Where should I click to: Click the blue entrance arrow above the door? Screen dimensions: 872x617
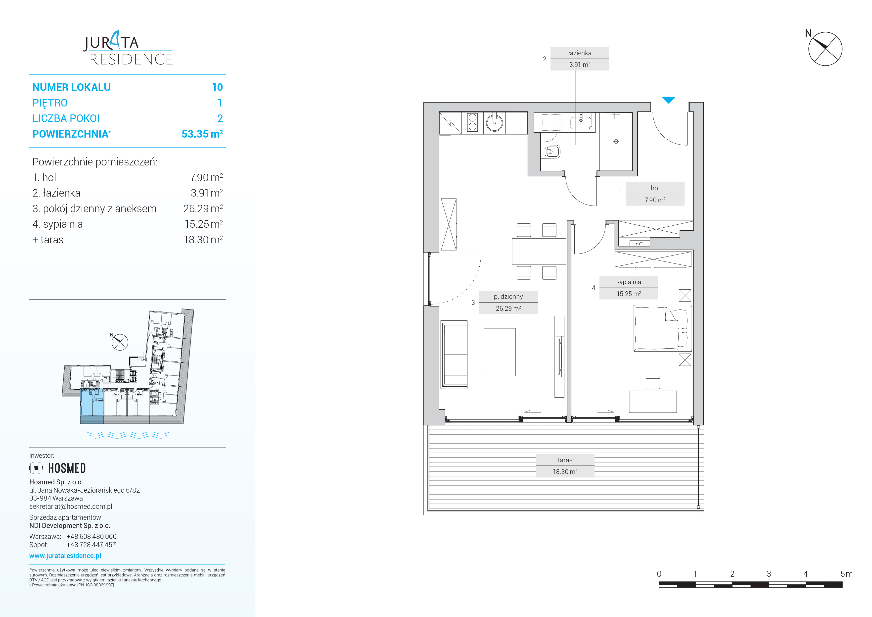(x=668, y=100)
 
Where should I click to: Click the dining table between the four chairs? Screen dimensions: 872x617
(x=539, y=251)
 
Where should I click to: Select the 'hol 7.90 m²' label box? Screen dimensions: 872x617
(x=655, y=194)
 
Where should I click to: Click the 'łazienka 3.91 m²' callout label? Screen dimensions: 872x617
(x=580, y=59)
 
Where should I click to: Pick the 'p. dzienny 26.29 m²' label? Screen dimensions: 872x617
(x=508, y=303)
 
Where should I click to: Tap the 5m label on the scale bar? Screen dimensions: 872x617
(x=847, y=574)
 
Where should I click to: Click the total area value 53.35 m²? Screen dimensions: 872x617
(x=202, y=134)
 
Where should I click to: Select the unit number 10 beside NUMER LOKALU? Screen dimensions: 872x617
(x=217, y=87)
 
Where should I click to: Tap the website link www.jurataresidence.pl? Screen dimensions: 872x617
(x=65, y=556)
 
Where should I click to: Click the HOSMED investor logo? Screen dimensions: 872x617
(x=58, y=468)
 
